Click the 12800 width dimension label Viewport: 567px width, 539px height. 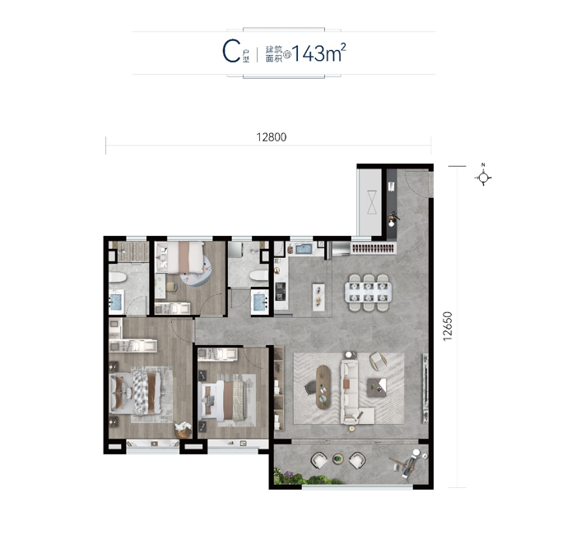point(272,137)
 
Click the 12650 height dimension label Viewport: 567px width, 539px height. point(448,326)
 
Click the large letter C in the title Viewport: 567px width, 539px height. point(231,52)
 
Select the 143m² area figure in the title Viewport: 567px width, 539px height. point(319,53)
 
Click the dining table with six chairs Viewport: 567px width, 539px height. point(368,293)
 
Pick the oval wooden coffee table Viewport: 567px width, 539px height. point(323,387)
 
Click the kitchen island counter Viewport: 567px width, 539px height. point(318,297)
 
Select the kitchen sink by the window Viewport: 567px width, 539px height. point(304,249)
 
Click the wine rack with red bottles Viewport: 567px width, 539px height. point(373,248)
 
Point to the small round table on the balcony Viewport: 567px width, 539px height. point(338,458)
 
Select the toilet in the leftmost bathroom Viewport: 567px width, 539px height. point(118,277)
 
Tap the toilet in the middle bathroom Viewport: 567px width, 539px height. point(259,276)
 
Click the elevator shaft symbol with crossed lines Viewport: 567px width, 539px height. point(372,202)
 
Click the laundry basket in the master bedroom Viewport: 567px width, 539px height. point(183,431)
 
